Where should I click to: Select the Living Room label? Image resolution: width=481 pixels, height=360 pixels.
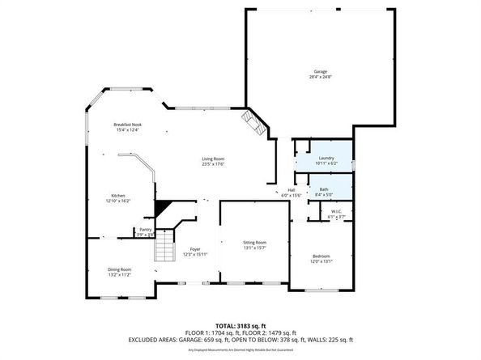213,159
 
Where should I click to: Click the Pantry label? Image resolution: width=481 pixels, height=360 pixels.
146,230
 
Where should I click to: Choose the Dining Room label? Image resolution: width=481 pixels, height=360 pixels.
119,269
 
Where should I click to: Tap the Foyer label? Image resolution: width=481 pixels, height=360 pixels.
195,249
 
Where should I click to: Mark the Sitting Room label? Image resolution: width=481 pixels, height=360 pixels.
254,243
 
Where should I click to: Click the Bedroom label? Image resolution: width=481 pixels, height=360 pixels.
321,256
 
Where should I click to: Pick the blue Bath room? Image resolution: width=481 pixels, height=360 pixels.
324,187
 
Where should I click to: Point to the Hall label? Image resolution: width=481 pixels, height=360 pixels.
291,190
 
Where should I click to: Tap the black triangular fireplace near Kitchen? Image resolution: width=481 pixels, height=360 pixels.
164,209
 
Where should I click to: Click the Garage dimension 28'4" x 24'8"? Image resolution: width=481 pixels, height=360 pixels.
316,78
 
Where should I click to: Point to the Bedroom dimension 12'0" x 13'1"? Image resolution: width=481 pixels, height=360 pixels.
321,262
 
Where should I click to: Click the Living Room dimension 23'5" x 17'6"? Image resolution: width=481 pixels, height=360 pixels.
213,164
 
